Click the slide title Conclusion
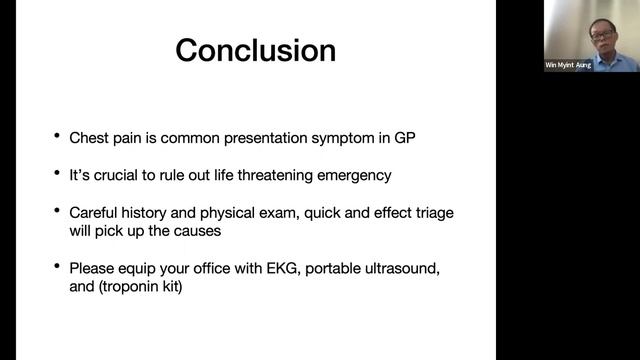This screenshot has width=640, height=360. [x=256, y=50]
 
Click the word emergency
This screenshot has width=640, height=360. [x=354, y=175]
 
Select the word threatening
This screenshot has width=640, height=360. [x=269, y=175]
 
